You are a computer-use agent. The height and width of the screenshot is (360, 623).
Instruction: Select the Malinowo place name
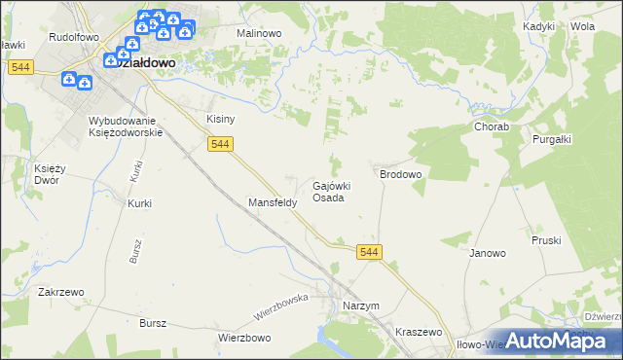tap(259, 32)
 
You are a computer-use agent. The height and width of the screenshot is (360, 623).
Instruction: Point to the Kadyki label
tap(538, 26)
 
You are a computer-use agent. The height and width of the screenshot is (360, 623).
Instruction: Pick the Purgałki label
tap(551, 138)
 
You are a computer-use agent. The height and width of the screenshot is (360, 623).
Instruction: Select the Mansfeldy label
tap(266, 203)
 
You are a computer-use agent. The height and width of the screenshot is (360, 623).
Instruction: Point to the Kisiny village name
tap(221, 119)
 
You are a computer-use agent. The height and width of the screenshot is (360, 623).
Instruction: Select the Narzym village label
tap(360, 306)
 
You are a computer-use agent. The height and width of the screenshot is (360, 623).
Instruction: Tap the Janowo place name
tap(488, 253)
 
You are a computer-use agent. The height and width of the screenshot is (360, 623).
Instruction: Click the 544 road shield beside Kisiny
tap(219, 144)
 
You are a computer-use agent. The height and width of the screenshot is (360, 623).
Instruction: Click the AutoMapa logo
tap(555, 341)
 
